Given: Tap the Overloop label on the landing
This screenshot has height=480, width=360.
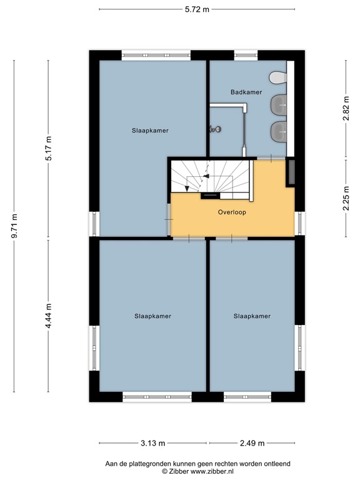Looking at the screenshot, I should tap(232, 212).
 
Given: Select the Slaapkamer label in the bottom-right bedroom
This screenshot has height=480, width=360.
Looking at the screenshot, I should tap(252, 316).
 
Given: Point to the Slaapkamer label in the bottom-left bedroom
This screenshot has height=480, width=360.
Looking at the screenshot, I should tap(152, 316).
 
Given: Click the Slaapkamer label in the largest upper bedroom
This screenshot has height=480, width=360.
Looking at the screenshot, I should tap(150, 131).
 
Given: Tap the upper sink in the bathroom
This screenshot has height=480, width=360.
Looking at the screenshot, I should tap(278, 104).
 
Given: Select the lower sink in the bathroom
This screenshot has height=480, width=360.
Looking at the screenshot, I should tap(278, 131).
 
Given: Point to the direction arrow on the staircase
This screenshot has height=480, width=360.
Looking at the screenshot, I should tap(197, 182).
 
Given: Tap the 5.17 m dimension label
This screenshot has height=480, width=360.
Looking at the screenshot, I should tap(49, 148).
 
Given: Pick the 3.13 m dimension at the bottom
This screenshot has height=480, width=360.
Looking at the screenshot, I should tap(152, 443).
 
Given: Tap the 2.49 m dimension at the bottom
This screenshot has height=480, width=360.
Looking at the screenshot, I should tap(252, 443).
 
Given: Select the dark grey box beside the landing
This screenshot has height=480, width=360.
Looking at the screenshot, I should tap(290, 172).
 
